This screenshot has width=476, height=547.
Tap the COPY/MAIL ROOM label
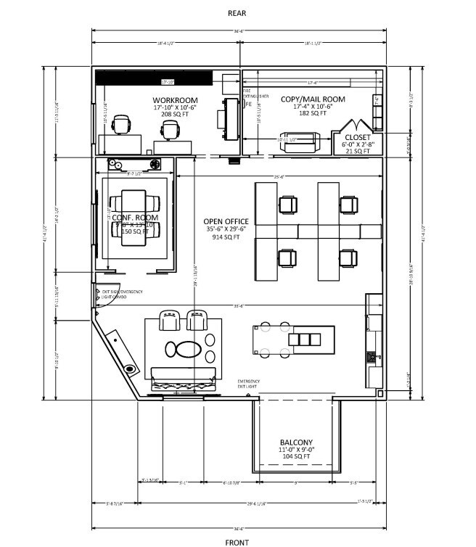[313, 99]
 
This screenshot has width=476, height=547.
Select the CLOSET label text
[357, 137]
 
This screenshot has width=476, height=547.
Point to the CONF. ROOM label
[135, 217]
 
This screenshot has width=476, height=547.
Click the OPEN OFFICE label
[226, 221]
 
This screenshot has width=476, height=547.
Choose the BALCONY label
[296, 443]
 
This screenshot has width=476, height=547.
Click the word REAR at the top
[237, 13]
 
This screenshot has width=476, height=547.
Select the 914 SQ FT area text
[226, 237]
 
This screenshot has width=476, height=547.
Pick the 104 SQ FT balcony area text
[296, 457]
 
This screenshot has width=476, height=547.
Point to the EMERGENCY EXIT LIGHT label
[248, 384]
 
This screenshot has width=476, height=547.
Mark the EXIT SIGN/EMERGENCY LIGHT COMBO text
[122, 294]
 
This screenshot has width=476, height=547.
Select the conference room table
[135, 218]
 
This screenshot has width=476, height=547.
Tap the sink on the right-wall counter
[372, 356]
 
